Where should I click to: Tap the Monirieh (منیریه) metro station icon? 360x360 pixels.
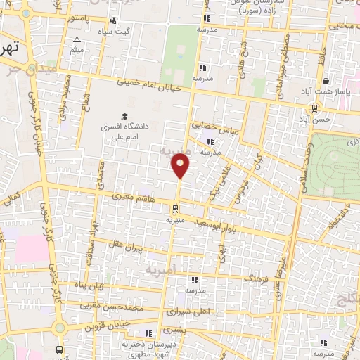(x=175, y=208)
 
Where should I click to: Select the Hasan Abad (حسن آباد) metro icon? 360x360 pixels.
(x=314, y=108)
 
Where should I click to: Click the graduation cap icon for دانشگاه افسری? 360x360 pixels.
(x=124, y=117)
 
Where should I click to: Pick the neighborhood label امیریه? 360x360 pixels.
(x=166, y=270)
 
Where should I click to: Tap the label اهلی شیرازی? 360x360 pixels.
(x=185, y=310)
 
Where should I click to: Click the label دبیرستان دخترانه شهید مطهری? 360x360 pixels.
(x=147, y=349)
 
